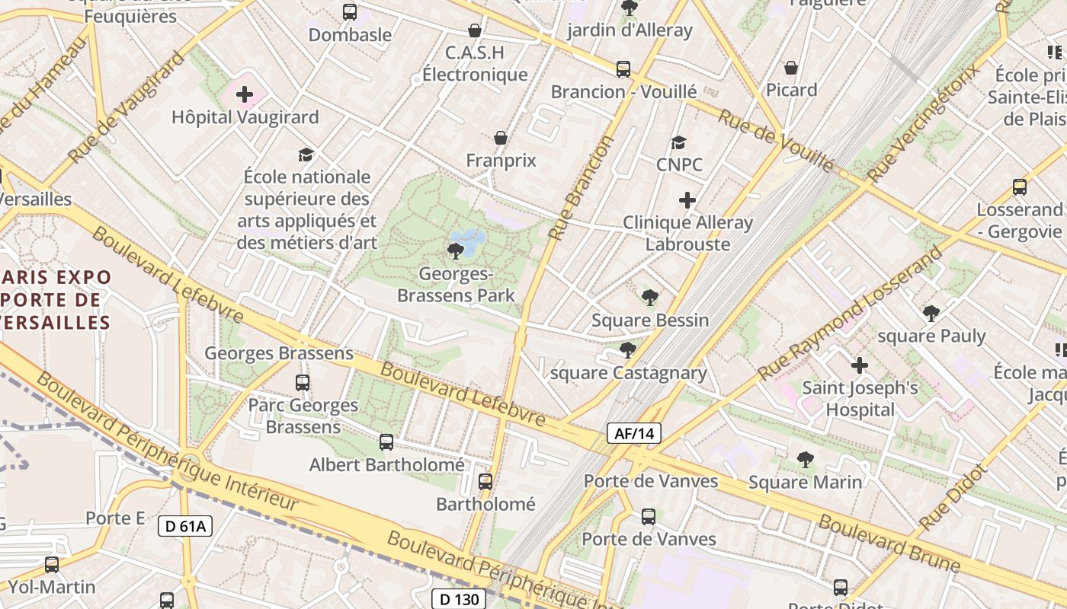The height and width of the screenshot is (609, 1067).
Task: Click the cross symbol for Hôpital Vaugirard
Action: (x=245, y=95)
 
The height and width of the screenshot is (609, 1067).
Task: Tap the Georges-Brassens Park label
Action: (x=456, y=285)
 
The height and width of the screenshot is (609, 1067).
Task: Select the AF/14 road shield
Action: (x=634, y=434)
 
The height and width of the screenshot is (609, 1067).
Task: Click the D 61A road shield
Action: (x=185, y=526)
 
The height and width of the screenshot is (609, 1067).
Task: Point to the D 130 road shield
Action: (x=459, y=599)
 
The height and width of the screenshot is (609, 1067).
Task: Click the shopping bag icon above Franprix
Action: (x=501, y=138)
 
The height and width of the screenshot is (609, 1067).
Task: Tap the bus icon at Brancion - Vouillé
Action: (x=623, y=69)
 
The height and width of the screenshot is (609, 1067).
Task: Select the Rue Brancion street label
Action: (x=581, y=189)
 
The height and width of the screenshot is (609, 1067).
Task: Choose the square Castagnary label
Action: (x=628, y=373)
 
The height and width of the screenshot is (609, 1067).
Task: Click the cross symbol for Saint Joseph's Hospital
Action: (x=860, y=365)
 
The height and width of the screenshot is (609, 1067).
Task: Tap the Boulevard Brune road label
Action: (x=889, y=544)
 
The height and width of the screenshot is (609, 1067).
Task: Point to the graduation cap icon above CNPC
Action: (x=678, y=142)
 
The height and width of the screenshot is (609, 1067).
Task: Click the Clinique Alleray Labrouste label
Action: (x=687, y=233)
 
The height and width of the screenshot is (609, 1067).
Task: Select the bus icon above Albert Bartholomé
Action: (x=386, y=442)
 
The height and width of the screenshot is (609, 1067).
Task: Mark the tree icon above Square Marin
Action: (x=805, y=460)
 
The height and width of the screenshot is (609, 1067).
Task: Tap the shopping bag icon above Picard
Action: (x=791, y=68)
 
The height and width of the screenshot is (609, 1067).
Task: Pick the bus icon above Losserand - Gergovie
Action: (x=1019, y=187)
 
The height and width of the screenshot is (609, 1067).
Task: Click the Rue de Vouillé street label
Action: (x=776, y=141)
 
